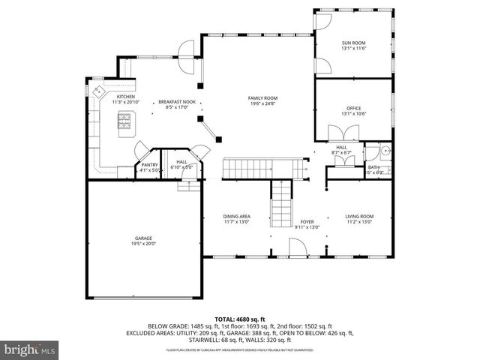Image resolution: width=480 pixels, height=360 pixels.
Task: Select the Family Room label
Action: [263, 98]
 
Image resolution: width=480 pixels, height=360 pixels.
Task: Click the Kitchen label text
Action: [125, 97]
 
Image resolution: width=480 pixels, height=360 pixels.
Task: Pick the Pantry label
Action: [148, 166]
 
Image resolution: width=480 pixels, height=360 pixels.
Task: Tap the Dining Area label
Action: [236, 217]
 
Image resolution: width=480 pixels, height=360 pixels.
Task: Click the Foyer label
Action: [307, 222]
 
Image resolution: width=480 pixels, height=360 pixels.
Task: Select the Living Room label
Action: [360, 217]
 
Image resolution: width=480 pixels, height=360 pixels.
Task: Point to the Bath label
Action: [373, 167]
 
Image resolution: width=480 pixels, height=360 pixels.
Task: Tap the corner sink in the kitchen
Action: [100, 91]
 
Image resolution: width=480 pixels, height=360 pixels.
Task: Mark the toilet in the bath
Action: [385, 151]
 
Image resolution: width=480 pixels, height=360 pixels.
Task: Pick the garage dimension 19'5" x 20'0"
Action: [143, 243]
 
